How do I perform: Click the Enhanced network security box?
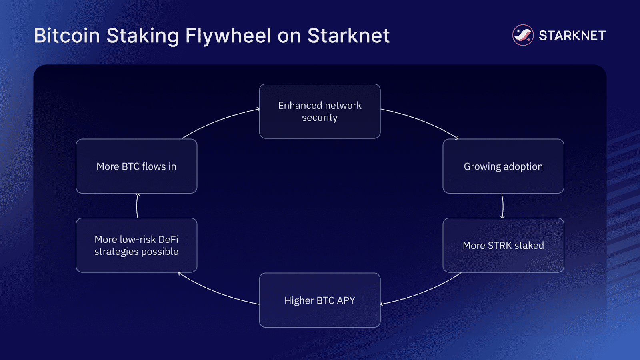tap(320, 111)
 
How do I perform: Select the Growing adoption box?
tap(503, 166)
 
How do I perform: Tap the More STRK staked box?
tap(503, 245)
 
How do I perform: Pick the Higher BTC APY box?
tap(320, 300)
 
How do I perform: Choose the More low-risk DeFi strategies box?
tap(136, 245)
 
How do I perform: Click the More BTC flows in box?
tap(136, 166)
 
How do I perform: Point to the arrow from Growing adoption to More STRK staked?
tap(503, 206)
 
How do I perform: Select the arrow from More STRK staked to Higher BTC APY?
tap(424, 292)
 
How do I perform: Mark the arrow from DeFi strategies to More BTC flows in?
tap(137, 206)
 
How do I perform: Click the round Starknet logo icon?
tap(523, 35)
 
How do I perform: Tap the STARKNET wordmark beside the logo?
tap(572, 36)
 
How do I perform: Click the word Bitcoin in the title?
tap(67, 36)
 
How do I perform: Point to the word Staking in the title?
tap(142, 36)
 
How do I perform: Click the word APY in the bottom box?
tap(346, 300)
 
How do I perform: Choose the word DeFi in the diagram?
tap(168, 239)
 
